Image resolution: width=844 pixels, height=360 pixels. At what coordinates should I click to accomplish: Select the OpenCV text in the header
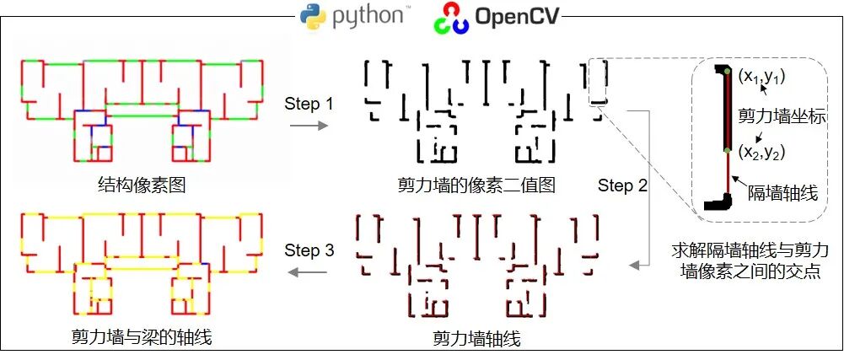click(x=517, y=16)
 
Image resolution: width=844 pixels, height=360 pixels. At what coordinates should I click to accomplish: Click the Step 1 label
click(x=309, y=105)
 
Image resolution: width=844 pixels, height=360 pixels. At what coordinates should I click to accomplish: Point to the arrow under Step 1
click(x=309, y=126)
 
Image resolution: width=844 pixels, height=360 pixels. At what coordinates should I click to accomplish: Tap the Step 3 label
click(x=309, y=250)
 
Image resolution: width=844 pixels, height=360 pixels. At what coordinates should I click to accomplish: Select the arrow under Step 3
click(x=309, y=271)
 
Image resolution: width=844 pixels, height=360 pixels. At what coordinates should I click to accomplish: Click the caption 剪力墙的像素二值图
click(x=477, y=185)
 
